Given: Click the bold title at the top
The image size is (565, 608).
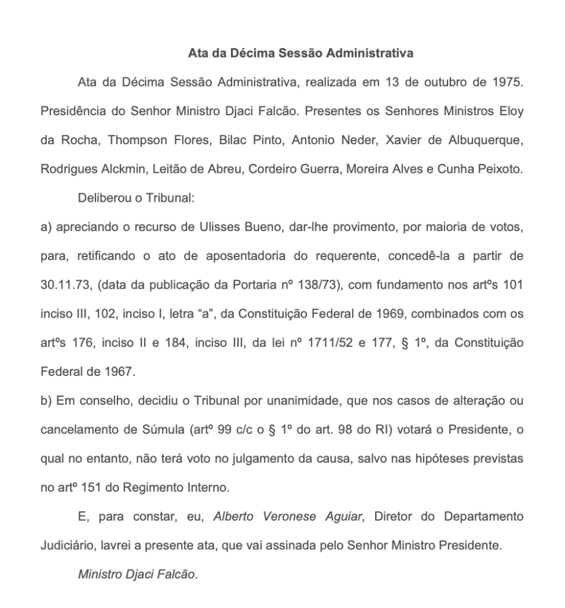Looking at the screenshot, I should [300, 54].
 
